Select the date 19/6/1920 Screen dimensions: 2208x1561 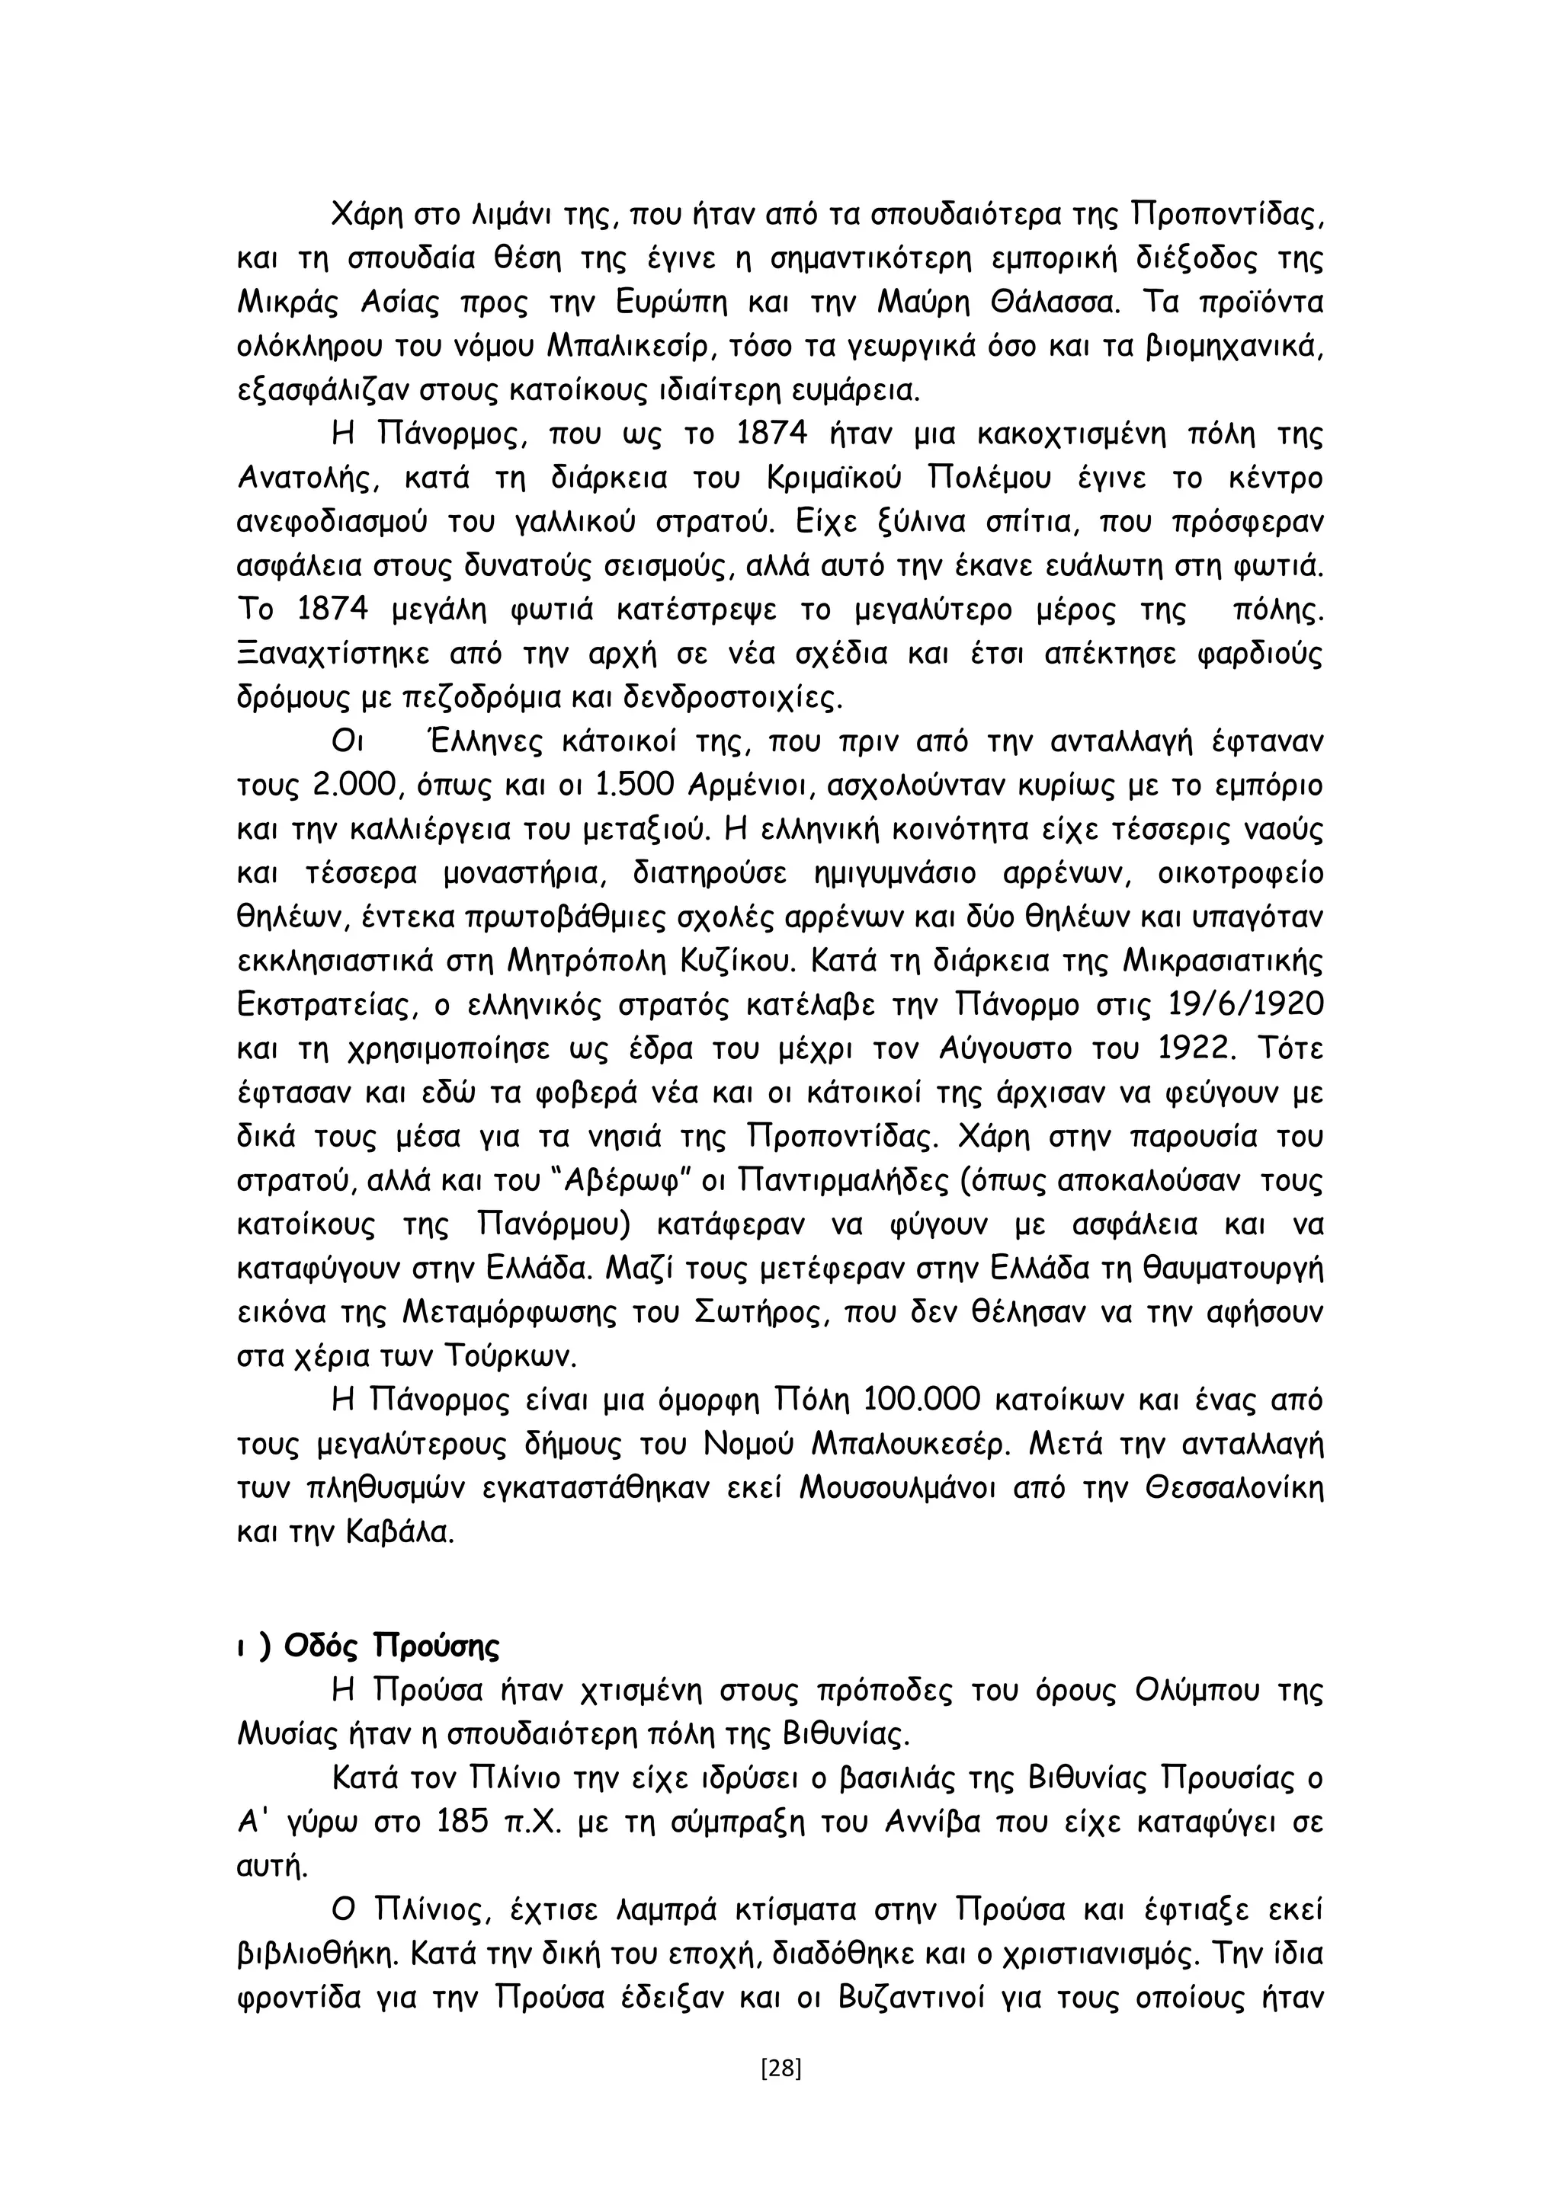tap(1245, 1005)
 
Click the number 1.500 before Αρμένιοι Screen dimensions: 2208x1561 tap(638, 786)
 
